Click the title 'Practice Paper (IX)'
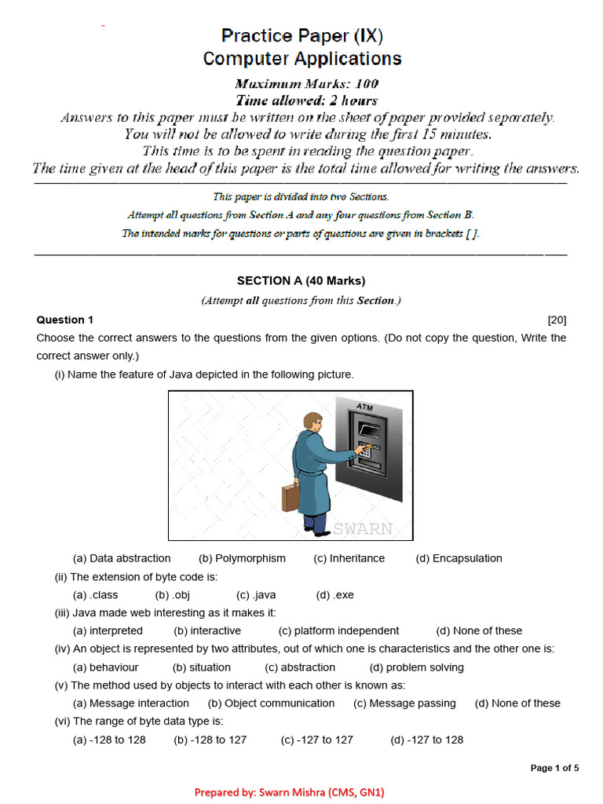click(x=301, y=35)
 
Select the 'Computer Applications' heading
click(x=301, y=59)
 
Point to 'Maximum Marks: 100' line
click(x=306, y=83)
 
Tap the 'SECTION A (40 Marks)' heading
click(x=301, y=280)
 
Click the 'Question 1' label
click(x=65, y=320)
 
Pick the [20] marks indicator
click(x=557, y=320)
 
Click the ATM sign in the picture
click(x=364, y=407)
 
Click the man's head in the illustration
click(x=313, y=422)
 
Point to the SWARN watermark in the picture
click(x=362, y=528)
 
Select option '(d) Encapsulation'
click(x=459, y=558)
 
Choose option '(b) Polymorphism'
click(x=242, y=558)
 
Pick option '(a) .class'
click(x=95, y=594)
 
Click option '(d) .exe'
click(x=334, y=594)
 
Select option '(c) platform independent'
click(x=338, y=630)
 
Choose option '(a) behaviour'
click(x=105, y=667)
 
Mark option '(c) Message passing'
click(x=404, y=703)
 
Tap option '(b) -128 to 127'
click(x=210, y=740)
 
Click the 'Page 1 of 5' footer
click(x=554, y=768)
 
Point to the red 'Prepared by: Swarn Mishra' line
click(x=290, y=792)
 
